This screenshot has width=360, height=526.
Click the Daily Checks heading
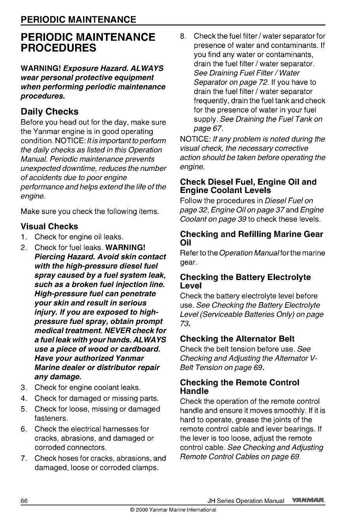49,112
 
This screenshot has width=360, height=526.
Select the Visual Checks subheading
49,226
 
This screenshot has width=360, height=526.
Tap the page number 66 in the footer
24,501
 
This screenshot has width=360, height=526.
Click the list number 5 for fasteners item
24,409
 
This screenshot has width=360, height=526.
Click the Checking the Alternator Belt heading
237,339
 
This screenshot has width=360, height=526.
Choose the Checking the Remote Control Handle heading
240,387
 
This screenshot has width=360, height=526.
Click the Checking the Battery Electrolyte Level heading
245,282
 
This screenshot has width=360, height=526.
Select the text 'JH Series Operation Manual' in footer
246,501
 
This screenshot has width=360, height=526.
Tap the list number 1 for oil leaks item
24,237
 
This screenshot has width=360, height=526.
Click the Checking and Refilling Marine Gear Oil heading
252,238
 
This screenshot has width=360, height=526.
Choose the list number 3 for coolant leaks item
24,387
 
